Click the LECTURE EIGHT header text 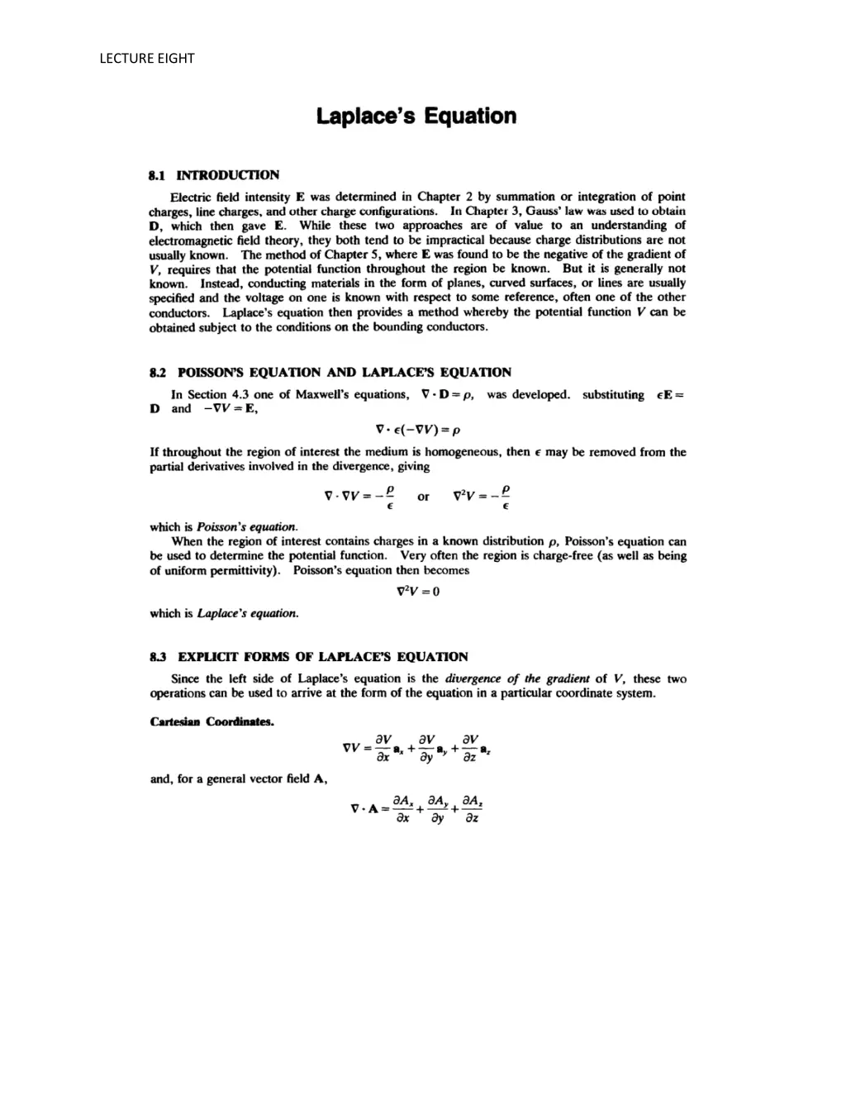click(146, 58)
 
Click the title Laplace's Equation click(416, 117)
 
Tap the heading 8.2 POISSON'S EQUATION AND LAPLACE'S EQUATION click(330, 372)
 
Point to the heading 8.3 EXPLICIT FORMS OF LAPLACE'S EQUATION click(309, 657)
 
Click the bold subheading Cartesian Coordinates click(211, 721)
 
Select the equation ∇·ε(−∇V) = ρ click(417, 430)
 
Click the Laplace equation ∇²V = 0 click(418, 592)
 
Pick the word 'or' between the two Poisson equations click(423, 497)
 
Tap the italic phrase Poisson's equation click(247, 526)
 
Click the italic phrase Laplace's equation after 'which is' click(248, 613)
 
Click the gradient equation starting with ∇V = click(417, 749)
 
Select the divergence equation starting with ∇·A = click(417, 809)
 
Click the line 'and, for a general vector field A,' click(239, 778)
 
